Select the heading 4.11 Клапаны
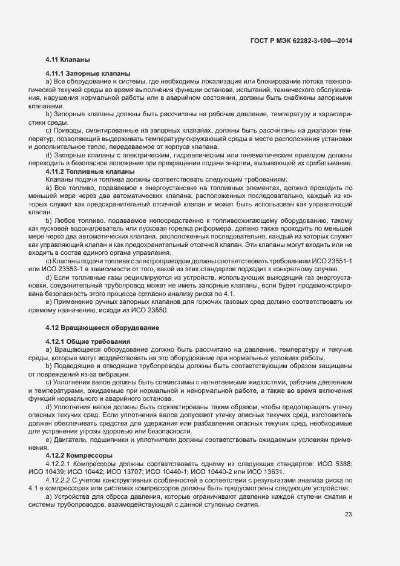(68, 60)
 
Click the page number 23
(348, 515)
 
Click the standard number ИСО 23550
(154, 310)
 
